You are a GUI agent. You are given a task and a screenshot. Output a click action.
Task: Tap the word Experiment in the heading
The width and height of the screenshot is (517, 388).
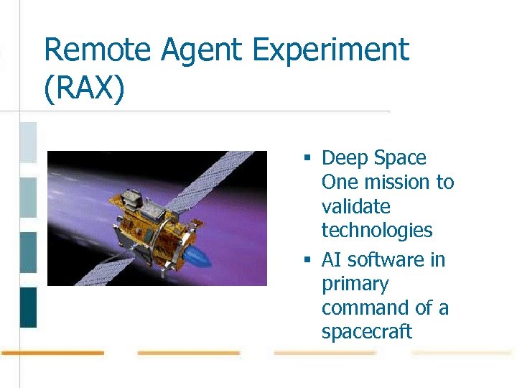pos(331,51)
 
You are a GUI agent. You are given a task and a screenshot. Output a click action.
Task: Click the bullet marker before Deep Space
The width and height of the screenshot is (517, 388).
pos(306,158)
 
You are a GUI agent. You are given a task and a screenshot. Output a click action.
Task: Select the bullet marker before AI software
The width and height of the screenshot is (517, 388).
pos(306,260)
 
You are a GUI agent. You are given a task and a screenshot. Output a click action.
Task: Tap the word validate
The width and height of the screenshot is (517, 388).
pos(356,207)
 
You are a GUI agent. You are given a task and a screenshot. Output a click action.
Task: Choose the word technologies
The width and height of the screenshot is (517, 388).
pos(377,231)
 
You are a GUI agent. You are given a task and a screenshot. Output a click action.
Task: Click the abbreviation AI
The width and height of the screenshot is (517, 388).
pos(331,260)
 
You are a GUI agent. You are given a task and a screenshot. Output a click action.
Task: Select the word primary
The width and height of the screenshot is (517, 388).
pos(355,285)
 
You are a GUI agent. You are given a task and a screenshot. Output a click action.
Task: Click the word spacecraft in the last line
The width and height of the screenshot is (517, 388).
pos(367,332)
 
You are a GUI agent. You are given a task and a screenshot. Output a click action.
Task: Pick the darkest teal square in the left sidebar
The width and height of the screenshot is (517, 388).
pos(28,308)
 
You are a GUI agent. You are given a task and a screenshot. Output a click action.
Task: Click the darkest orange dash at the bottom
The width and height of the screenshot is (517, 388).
pos(53,353)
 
